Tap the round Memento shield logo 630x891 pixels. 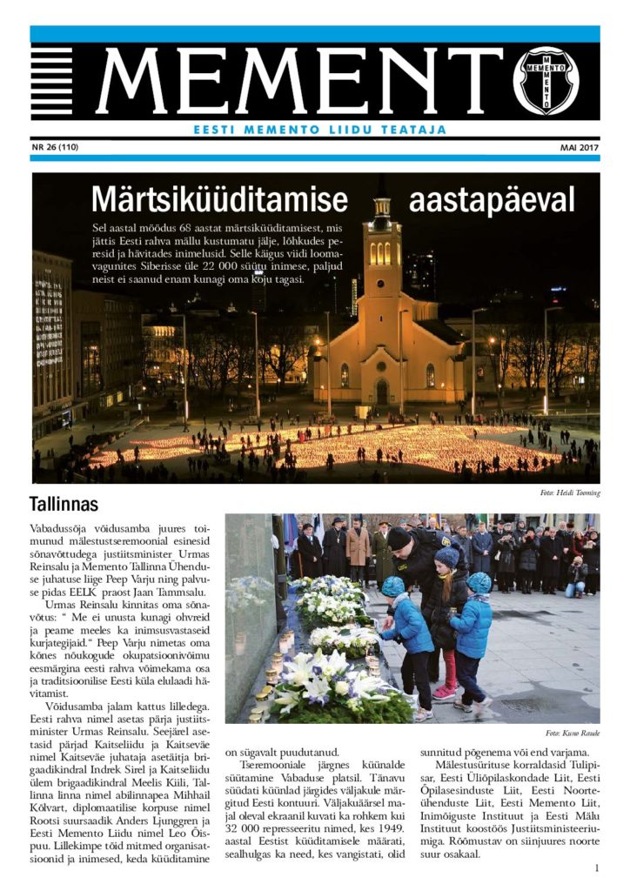(558, 81)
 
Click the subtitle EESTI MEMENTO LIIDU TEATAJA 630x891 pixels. (319, 130)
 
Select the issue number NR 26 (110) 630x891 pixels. (55, 147)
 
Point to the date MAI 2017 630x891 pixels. (579, 147)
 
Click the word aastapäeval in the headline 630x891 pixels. (492, 201)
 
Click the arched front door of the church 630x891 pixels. (382, 392)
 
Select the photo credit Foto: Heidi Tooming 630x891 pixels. (570, 493)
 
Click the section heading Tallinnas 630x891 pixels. (64, 504)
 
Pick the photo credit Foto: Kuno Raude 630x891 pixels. (573, 733)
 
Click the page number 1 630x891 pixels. (597, 868)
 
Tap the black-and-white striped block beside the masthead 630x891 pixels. (51, 81)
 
